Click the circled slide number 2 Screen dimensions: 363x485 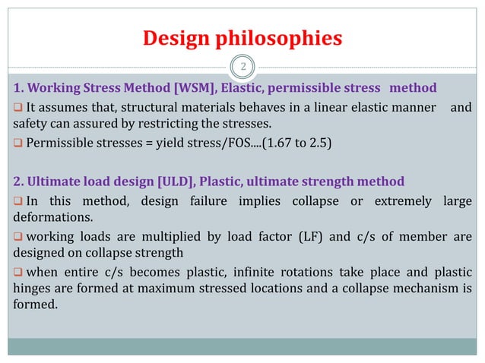click(242, 68)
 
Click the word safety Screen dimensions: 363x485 click(33, 124)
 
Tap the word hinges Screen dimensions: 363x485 click(34, 290)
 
